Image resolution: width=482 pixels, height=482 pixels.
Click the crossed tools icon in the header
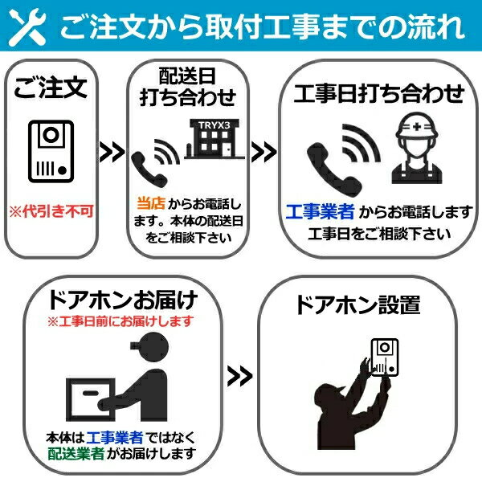27,27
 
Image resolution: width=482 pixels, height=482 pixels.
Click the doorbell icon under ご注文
51,151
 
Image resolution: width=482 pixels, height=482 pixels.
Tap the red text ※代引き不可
51,211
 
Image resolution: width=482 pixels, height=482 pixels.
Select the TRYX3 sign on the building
214,125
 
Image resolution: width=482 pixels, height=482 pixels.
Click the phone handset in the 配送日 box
149,170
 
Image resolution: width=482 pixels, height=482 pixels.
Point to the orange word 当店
151,203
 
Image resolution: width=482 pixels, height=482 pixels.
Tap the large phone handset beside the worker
334,169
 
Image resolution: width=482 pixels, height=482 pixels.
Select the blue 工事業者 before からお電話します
320,211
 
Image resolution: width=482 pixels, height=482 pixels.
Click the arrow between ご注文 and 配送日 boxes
112,152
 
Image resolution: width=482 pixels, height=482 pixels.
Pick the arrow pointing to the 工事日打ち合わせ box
263,152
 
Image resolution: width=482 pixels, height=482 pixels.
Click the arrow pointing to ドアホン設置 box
239,376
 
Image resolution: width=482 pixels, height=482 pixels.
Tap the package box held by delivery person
91,399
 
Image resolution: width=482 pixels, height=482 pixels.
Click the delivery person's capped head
152,345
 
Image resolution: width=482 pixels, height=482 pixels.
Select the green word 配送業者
76,454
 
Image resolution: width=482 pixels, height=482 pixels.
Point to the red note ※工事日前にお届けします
120,321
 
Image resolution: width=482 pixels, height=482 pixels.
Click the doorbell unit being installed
385,357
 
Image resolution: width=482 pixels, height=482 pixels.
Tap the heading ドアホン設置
357,305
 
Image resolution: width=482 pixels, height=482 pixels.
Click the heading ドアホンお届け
123,300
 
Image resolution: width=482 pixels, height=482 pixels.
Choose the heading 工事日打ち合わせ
379,93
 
